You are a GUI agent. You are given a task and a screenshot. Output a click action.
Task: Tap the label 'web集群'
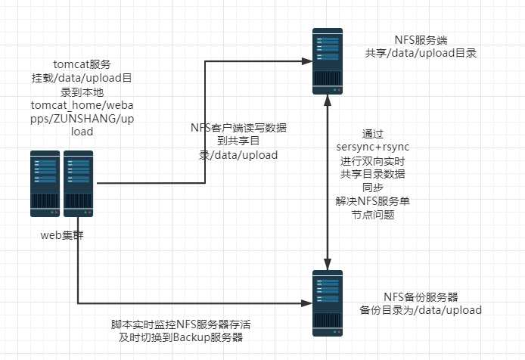point(62,234)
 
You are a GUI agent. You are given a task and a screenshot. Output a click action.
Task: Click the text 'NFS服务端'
point(420,39)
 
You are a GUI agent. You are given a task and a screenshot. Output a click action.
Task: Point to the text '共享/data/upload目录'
point(420,53)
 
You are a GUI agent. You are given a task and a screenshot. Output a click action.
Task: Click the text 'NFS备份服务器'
point(421,296)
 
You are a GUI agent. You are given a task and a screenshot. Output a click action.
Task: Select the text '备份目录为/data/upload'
point(421,310)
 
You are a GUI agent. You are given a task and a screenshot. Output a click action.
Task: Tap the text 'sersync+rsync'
point(373,145)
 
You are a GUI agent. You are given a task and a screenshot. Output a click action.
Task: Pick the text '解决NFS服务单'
point(373,200)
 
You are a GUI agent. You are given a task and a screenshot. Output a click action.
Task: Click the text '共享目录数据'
point(373,173)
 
